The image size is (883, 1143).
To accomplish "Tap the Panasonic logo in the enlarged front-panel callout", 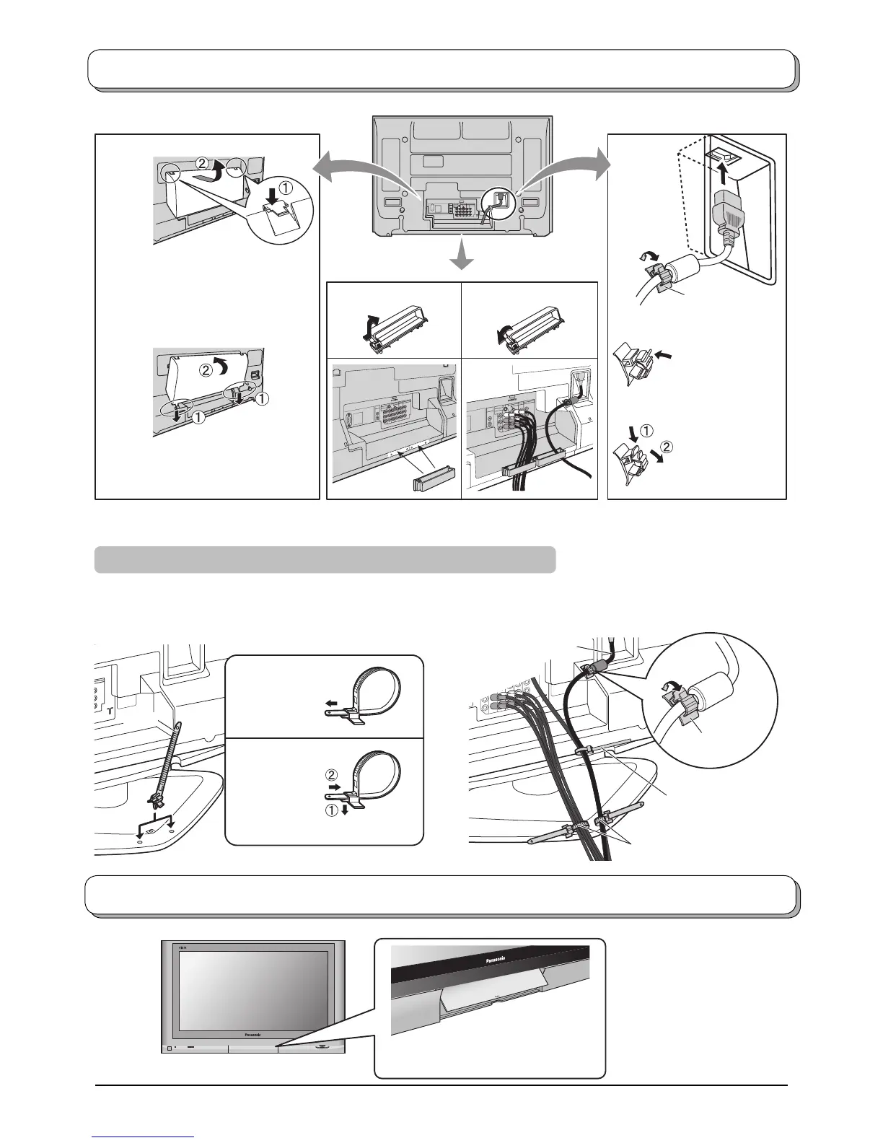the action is point(491,959).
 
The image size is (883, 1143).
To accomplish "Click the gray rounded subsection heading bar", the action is point(325,560).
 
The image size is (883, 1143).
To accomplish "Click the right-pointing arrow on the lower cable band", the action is point(328,789).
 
